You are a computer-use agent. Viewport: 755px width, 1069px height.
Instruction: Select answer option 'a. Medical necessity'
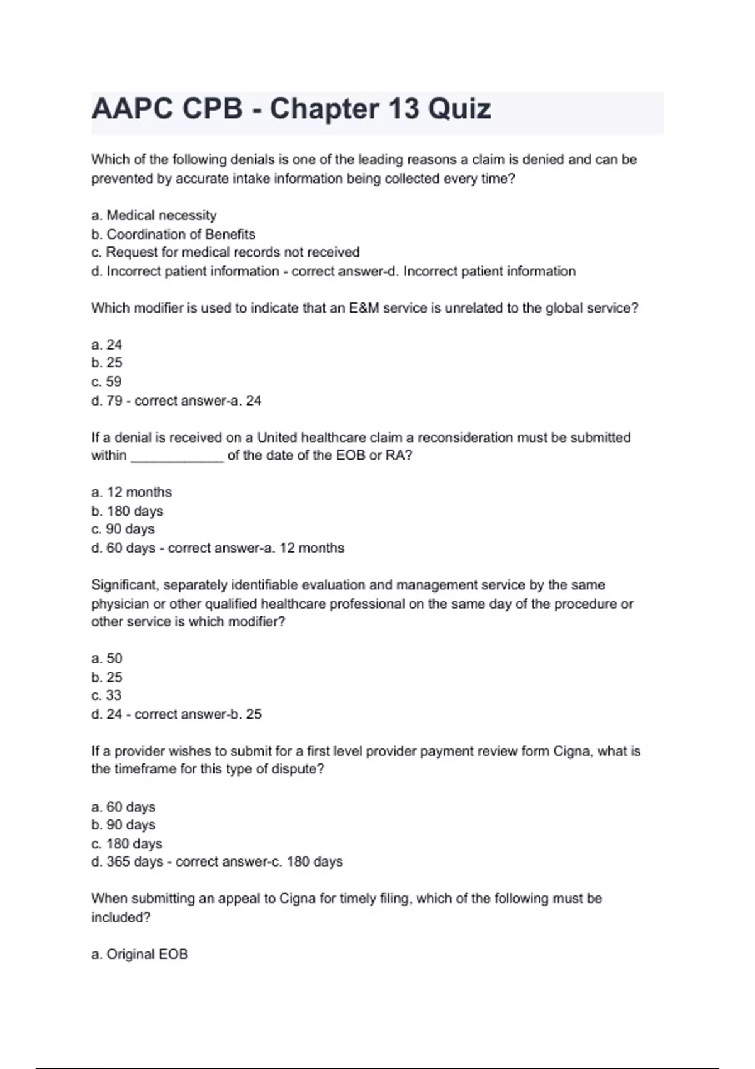pos(154,216)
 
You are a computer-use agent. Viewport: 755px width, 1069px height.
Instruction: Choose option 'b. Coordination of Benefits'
pos(173,235)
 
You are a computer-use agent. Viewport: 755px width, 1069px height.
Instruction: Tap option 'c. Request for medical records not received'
pos(225,253)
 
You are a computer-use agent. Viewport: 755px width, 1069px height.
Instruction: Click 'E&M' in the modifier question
pos(364,308)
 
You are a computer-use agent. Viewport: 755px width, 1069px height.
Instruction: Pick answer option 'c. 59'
pos(106,382)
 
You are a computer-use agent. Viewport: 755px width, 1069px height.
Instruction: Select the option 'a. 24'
pos(106,345)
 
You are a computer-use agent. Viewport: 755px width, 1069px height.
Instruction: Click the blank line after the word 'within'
pos(177,456)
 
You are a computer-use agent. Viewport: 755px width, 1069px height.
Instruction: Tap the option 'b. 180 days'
pos(127,511)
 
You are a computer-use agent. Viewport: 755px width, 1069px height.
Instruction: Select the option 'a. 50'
pos(106,658)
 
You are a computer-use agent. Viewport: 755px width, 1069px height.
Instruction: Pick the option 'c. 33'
pos(106,695)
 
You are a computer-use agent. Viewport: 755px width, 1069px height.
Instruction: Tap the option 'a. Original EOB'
pos(139,955)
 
